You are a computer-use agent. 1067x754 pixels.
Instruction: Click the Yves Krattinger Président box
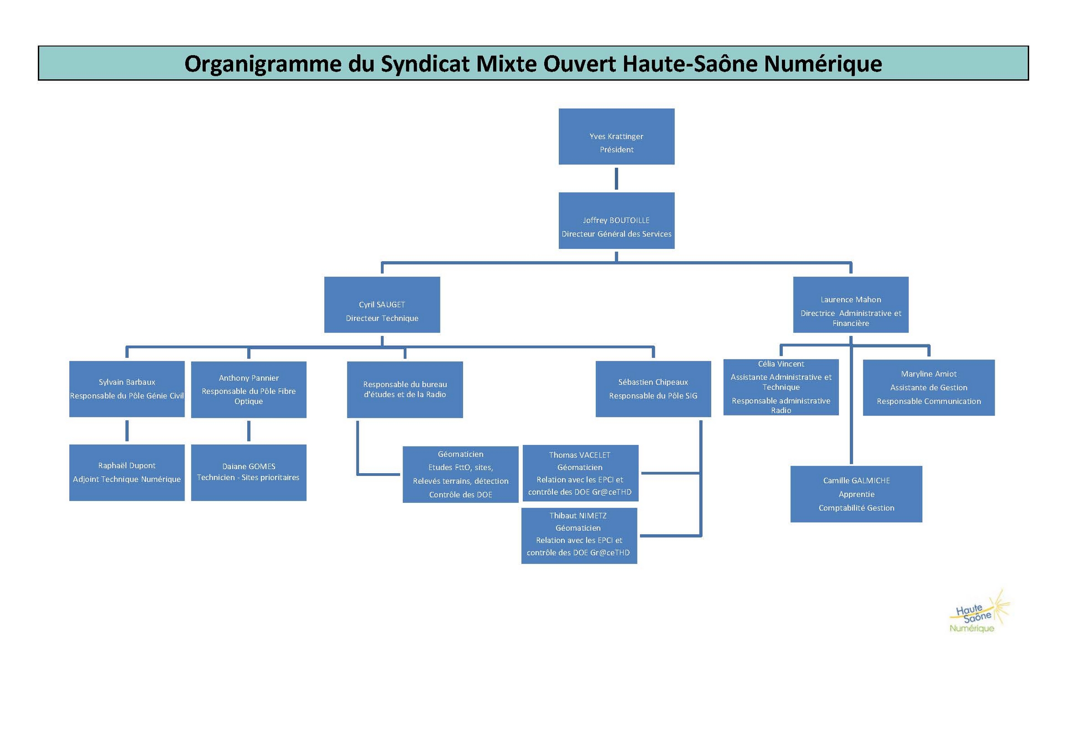coord(616,137)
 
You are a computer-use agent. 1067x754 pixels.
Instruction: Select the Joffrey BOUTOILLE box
coord(616,221)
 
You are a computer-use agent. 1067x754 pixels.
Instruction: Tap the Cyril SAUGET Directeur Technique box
coord(382,304)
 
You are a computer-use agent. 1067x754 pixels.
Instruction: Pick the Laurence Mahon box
coord(850,304)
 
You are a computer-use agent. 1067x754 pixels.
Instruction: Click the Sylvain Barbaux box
coord(127,389)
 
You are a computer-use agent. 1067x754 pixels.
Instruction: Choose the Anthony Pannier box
coord(249,390)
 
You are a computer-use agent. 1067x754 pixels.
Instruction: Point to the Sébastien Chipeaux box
coord(653,389)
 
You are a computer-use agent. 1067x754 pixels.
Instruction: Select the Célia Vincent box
coord(781,387)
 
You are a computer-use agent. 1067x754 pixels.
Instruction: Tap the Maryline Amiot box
coord(929,388)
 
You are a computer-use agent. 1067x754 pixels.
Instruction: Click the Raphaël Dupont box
coord(127,473)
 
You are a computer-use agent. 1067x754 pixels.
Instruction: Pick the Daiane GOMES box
coord(249,473)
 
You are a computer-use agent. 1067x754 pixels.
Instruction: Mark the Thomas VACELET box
coord(581,473)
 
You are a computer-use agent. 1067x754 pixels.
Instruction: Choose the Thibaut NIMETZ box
coord(579,536)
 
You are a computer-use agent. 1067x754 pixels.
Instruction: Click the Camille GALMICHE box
coord(856,494)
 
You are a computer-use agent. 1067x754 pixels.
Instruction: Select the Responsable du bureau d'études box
coord(405,390)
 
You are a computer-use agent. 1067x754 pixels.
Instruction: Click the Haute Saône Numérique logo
coord(979,612)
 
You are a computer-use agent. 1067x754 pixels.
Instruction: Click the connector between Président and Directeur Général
coord(616,179)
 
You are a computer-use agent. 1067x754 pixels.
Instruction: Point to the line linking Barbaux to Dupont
coord(127,431)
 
